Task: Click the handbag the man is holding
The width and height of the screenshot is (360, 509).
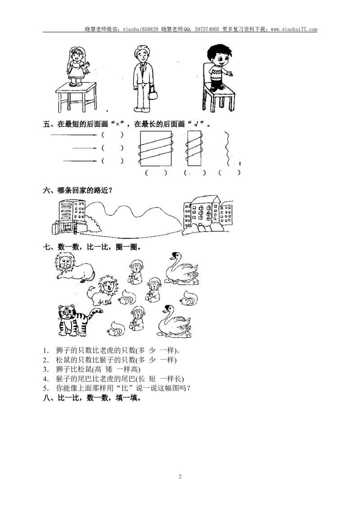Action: tap(153, 95)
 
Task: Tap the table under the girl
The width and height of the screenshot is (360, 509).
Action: tap(77, 94)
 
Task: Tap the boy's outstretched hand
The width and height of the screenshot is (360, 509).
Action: tap(230, 72)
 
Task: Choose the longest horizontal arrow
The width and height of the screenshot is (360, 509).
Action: tap(73, 134)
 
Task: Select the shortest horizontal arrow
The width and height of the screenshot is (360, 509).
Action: tap(85, 148)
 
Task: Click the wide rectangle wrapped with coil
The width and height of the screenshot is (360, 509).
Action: tap(156, 148)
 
